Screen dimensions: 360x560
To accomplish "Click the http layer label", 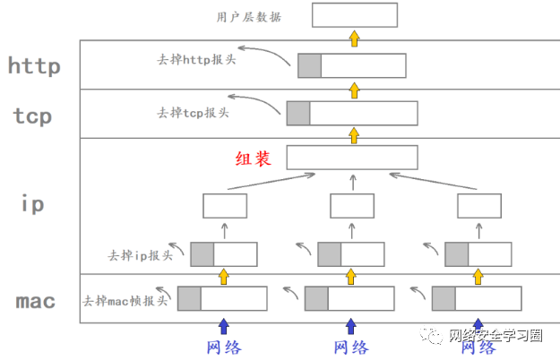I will (33, 65).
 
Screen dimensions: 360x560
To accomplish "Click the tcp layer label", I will (33, 116).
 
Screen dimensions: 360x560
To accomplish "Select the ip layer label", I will (33, 204).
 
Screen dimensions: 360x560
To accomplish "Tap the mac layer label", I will (36, 301).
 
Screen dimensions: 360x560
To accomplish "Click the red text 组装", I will (253, 159).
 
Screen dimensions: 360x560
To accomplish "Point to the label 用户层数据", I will (249, 16).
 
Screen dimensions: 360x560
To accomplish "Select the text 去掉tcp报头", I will (193, 113).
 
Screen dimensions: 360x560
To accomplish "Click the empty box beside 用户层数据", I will (355, 15).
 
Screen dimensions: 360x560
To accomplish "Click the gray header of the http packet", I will (309, 65).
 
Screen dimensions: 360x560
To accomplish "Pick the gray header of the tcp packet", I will (298, 113).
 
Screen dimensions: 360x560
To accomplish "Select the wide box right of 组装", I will (352, 158).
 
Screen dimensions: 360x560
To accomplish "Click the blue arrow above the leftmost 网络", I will (224, 325).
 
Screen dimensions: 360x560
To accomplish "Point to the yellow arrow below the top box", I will (355, 38).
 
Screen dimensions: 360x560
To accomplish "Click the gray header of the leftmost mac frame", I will (189, 298).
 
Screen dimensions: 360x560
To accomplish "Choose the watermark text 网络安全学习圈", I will (495, 336).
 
